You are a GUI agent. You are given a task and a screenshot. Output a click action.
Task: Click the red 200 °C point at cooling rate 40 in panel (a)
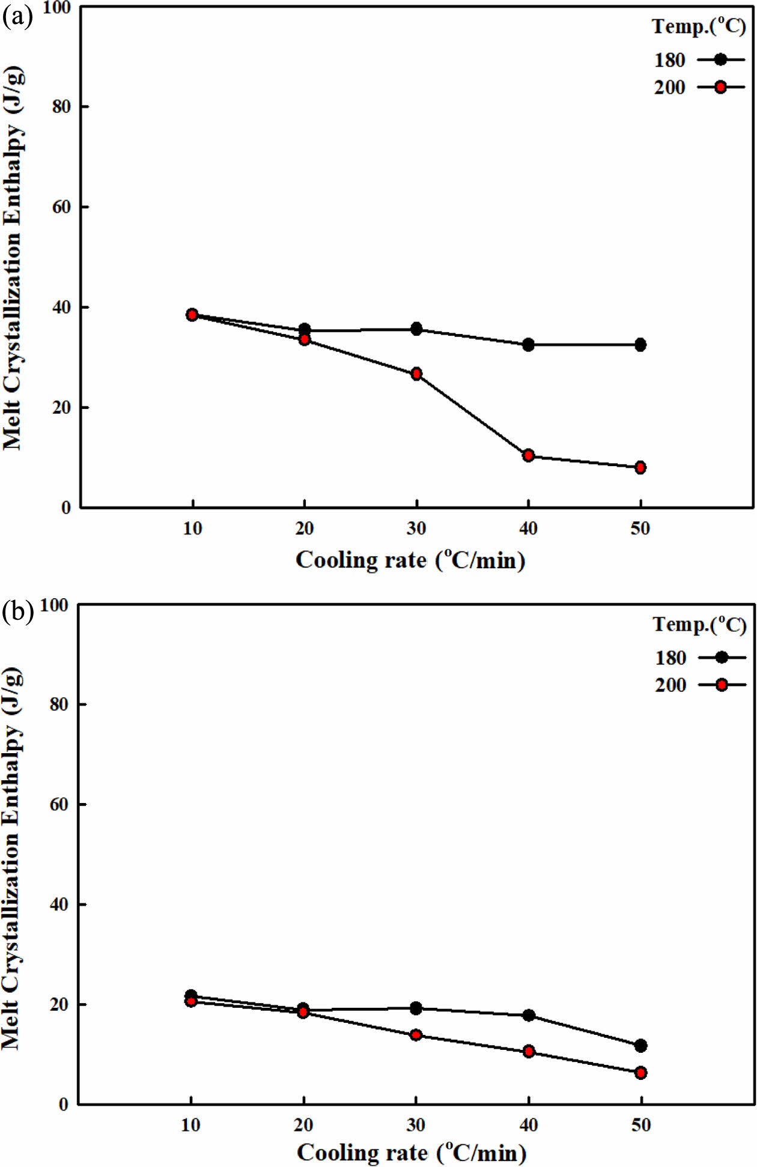[528, 455]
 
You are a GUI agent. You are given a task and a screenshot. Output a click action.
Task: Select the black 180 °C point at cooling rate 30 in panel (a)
[416, 329]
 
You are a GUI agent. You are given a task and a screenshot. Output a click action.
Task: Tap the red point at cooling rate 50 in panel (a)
[640, 467]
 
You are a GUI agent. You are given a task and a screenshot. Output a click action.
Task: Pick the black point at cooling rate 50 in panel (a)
[640, 345]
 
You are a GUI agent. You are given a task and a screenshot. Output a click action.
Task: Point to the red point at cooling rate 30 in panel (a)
[416, 374]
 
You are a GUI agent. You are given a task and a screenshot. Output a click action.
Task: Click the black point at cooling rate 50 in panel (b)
[641, 1046]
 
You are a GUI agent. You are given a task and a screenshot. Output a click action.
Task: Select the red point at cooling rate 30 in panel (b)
[416, 1035]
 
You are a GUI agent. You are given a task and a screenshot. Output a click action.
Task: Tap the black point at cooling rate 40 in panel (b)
[529, 1015]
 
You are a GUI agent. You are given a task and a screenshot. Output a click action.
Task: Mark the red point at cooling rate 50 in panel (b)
[641, 1073]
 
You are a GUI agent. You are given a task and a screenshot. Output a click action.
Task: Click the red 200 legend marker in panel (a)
[721, 87]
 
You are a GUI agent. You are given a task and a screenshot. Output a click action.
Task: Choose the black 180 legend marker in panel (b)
[722, 657]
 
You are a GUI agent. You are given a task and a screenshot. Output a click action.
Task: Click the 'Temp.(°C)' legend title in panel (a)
[699, 26]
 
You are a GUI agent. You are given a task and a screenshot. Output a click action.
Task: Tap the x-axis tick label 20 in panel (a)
[305, 529]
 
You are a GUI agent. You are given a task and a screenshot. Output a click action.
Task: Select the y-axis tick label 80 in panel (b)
[59, 704]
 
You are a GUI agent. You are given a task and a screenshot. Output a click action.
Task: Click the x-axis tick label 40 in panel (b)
[529, 1125]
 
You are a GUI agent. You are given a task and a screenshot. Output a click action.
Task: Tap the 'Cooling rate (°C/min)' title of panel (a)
[410, 560]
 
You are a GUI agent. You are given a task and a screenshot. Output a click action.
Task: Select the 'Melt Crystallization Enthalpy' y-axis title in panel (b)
[12, 859]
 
